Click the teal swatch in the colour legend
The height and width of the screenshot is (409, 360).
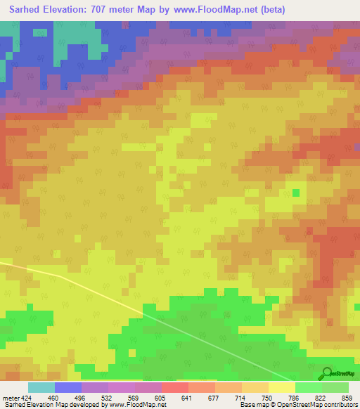pyautogui.click(x=41, y=387)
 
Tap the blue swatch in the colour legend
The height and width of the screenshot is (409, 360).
pyautogui.click(x=68, y=387)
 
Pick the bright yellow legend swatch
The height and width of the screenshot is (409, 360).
pyautogui.click(x=282, y=387)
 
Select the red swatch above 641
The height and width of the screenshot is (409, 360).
pyautogui.click(x=175, y=387)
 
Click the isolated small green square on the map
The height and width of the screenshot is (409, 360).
pyautogui.click(x=296, y=193)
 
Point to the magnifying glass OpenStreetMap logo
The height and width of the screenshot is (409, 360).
pyautogui.click(x=328, y=372)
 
